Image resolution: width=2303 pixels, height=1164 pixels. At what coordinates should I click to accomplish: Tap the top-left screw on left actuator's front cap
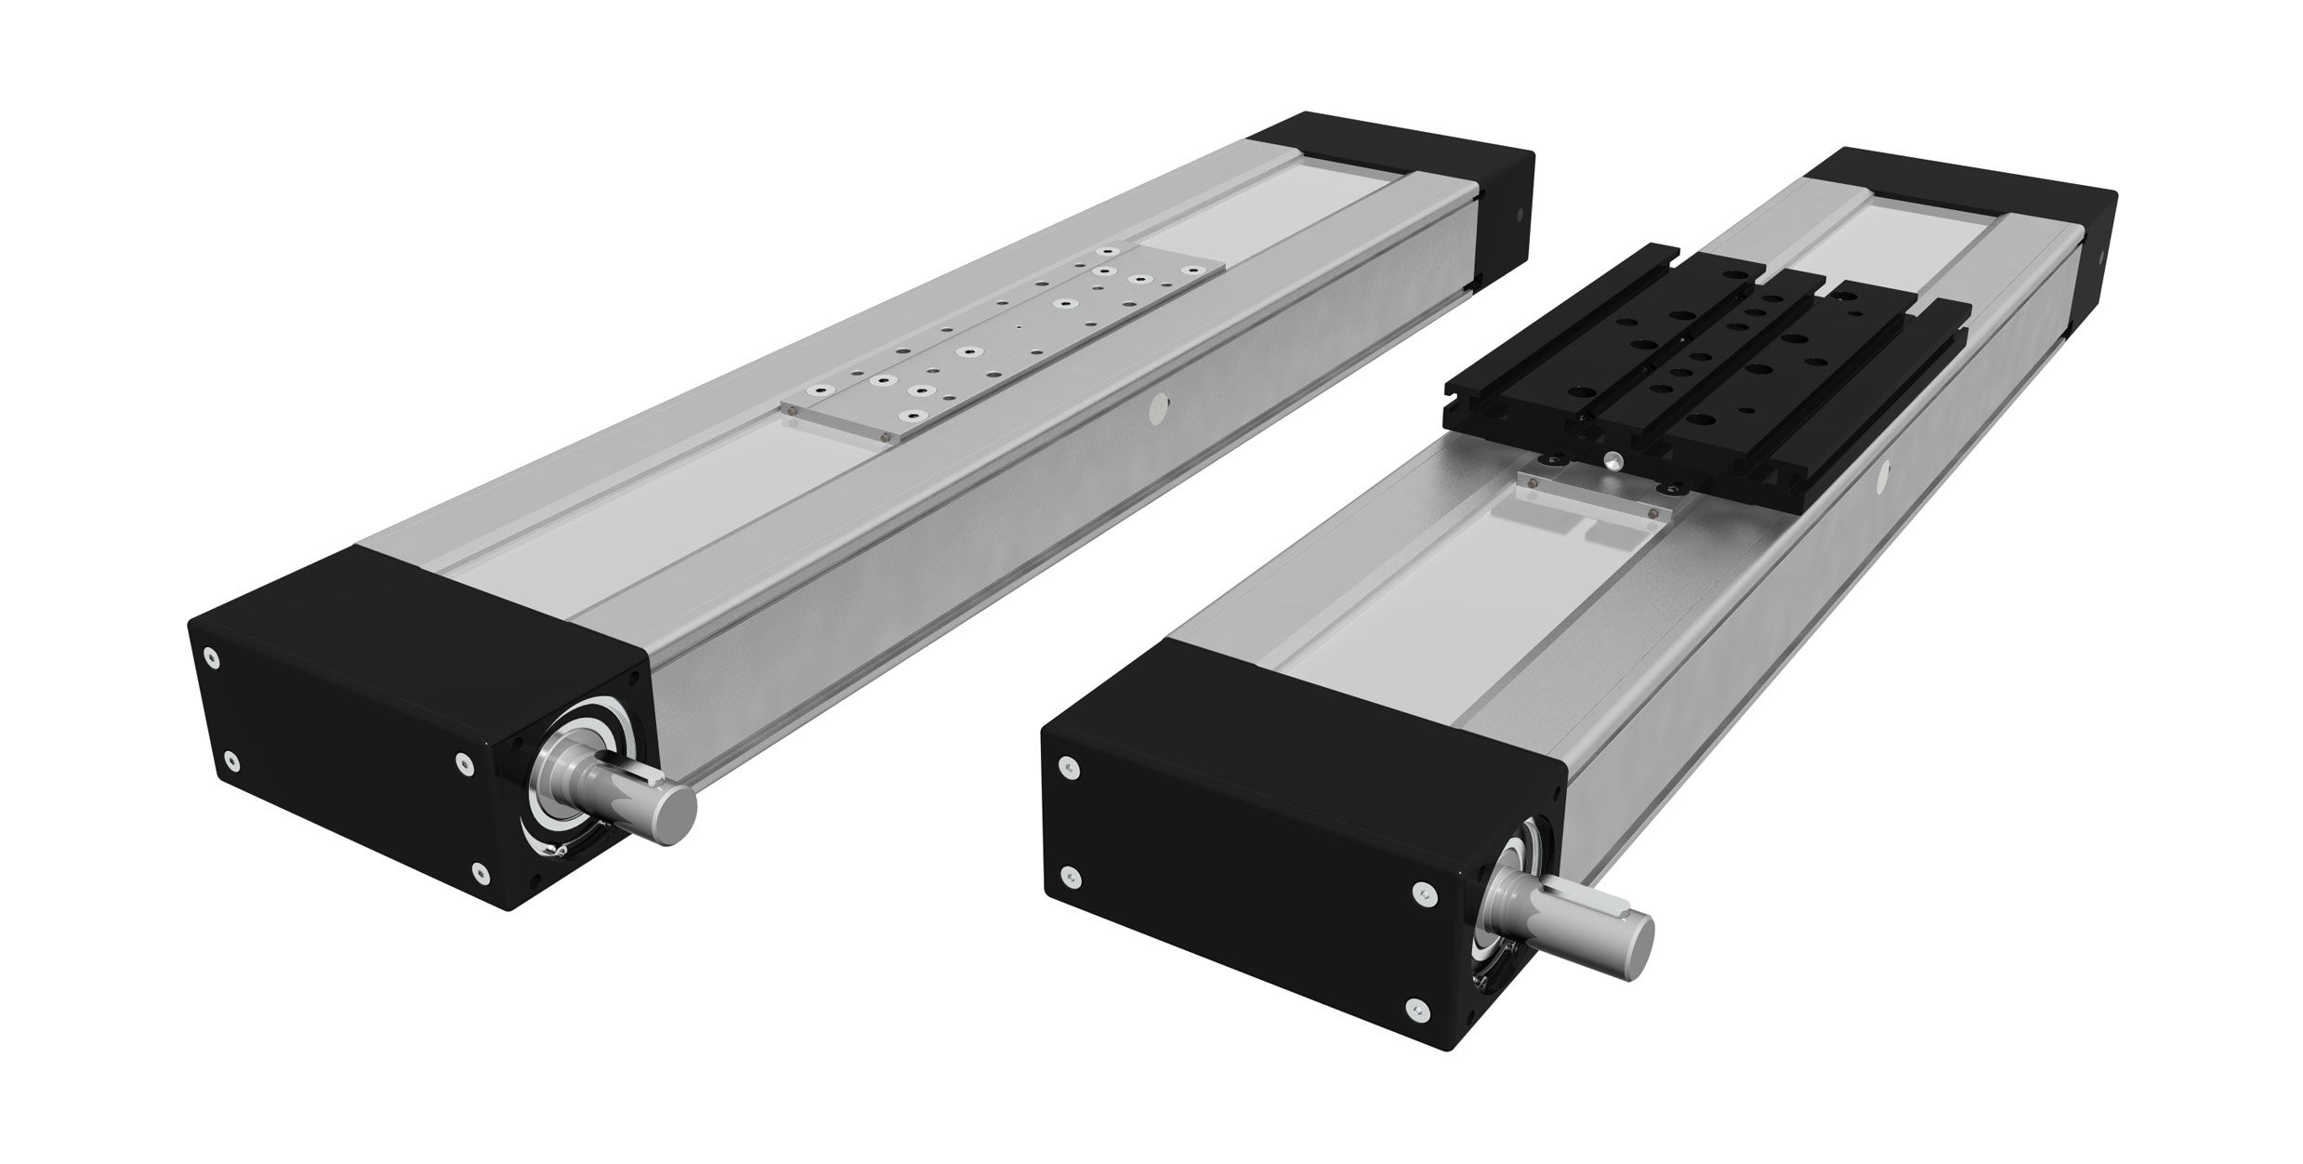214,656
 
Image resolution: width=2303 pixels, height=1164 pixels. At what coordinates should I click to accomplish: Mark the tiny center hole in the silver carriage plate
1019,327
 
